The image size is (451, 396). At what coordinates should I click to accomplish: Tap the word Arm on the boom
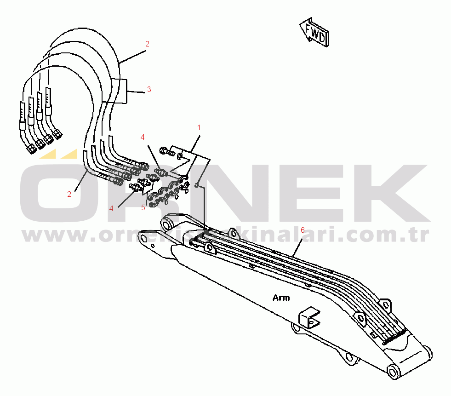coord(281,298)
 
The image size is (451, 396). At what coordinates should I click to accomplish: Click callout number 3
coord(148,89)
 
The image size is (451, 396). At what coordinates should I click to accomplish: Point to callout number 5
coord(143,207)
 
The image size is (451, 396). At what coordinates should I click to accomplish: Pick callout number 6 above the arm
coord(302,229)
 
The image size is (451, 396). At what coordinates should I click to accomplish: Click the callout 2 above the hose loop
coord(147,44)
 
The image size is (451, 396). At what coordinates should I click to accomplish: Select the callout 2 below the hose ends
coord(69,194)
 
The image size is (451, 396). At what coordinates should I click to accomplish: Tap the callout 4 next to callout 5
coord(111,208)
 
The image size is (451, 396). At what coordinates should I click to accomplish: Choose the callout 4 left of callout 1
coord(143,137)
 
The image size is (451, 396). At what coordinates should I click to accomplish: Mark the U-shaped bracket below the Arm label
coord(308,318)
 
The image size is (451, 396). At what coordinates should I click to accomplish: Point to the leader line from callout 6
coord(296,244)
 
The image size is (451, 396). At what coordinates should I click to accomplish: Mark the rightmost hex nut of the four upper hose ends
coord(57,135)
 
